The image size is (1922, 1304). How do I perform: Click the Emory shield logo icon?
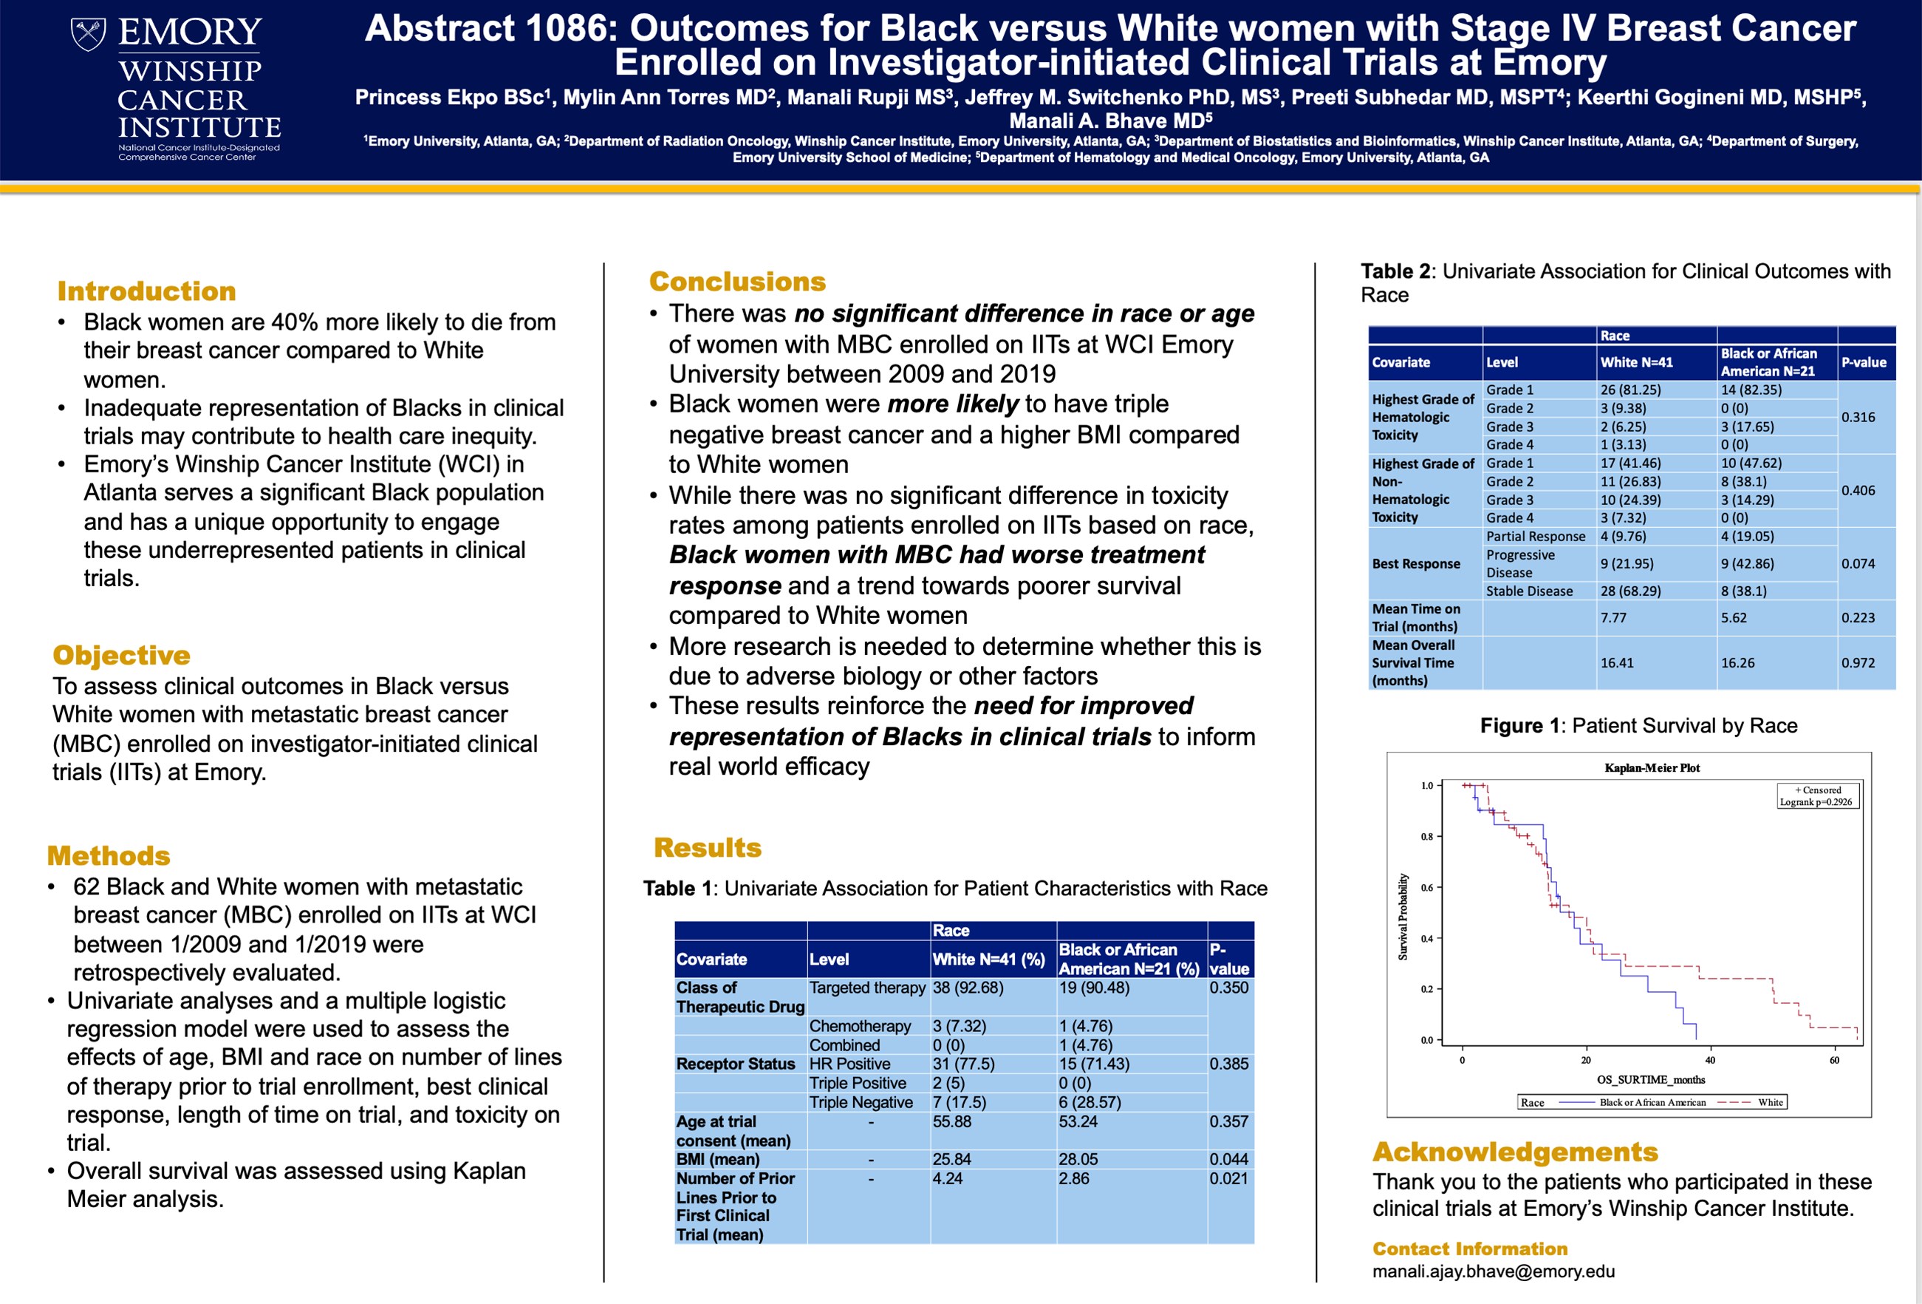pos(88,34)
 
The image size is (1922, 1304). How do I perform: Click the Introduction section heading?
pos(146,291)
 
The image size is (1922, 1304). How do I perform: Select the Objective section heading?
pos(122,654)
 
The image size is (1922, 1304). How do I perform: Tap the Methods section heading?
pos(109,855)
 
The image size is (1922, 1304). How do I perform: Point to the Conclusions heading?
pos(737,282)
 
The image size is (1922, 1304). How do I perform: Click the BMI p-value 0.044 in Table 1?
pos(1228,1159)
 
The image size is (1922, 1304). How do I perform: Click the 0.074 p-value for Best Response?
pos(1858,563)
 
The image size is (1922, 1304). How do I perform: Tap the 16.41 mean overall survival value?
pos(1617,663)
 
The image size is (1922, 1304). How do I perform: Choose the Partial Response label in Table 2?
pos(1535,536)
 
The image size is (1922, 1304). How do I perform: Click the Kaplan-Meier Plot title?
pos(1652,768)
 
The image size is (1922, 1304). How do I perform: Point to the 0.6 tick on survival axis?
pos(1426,888)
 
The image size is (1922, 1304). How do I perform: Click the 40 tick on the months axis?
pos(1709,1060)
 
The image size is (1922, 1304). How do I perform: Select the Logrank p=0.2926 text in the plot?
pos(1816,802)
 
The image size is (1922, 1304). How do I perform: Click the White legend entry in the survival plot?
pos(1770,1102)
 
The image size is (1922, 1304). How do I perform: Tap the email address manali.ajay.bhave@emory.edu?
pos(1493,1271)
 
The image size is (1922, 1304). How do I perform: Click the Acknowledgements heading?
pos(1515,1152)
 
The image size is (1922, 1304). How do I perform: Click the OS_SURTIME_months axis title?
pos(1650,1080)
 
